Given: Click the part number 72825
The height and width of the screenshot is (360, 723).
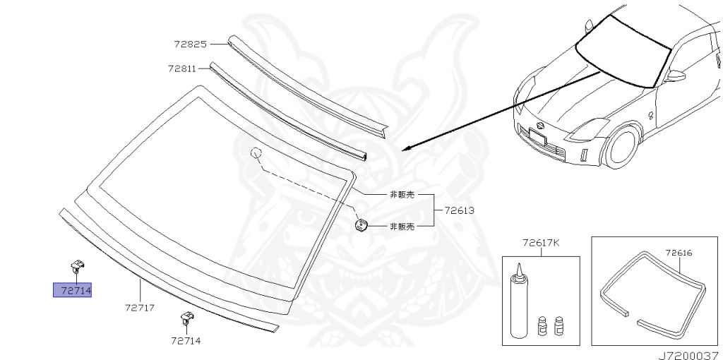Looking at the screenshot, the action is click(x=191, y=44).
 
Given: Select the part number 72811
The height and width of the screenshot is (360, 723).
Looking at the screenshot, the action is click(x=183, y=68).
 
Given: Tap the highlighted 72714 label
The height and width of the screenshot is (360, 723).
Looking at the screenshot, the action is click(x=73, y=290).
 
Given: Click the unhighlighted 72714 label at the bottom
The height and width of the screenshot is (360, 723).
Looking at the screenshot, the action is click(x=185, y=340).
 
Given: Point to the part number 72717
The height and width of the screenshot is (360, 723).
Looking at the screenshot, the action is click(x=140, y=308).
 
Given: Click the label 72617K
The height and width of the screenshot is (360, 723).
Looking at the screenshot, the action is click(x=540, y=243).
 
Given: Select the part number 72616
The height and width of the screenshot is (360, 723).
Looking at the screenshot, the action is click(x=679, y=251).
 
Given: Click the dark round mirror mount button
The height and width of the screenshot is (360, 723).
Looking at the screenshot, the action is click(x=361, y=225).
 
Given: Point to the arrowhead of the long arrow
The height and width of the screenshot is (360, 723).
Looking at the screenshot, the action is click(x=405, y=148).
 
